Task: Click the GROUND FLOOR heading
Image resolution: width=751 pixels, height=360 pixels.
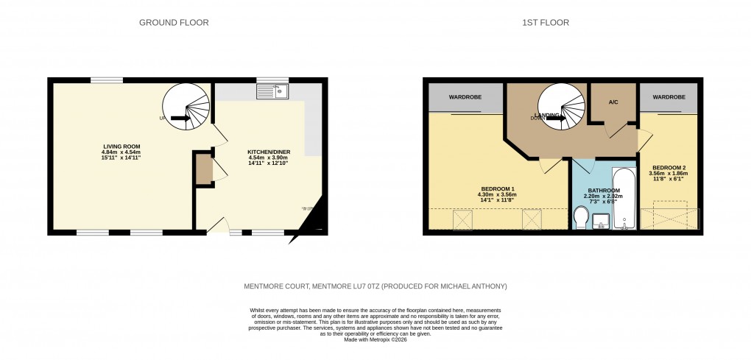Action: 174,23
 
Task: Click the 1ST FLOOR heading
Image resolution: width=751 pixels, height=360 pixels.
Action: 546,23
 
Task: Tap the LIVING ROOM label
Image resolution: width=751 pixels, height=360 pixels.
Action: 121,147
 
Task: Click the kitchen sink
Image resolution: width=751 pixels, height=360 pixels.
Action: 272,91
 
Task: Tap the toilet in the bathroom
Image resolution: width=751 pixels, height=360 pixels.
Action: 581,218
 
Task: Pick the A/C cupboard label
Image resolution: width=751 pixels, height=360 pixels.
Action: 613,102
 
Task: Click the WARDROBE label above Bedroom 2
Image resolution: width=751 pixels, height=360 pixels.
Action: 669,97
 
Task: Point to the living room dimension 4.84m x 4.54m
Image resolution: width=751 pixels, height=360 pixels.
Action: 121,153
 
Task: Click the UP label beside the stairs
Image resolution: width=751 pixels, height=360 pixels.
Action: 162,118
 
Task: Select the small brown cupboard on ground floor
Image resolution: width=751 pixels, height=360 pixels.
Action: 202,169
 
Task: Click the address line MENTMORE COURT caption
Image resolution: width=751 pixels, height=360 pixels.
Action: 375,286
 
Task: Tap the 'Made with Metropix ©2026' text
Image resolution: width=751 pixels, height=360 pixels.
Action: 375,339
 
